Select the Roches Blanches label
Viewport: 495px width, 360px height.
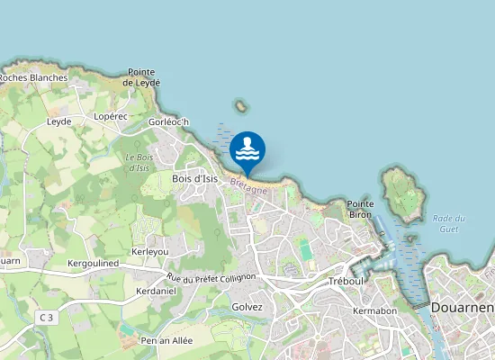[32, 77]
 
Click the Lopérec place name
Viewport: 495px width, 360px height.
[111, 117]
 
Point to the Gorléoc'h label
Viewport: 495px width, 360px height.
[168, 122]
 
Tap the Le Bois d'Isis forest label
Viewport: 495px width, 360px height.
[138, 163]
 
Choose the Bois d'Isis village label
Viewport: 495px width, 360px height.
[195, 178]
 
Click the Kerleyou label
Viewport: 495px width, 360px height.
[150, 251]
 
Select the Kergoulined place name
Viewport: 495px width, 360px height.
[93, 263]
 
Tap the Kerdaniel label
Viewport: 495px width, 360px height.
[155, 292]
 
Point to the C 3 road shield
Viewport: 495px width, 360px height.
[46, 317]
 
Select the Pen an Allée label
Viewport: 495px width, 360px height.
[167, 341]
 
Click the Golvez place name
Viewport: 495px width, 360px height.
[247, 307]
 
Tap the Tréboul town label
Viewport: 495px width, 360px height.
[346, 281]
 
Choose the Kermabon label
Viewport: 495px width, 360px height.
[375, 310]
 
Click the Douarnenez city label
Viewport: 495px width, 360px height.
[463, 307]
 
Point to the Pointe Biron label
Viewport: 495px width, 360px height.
[360, 210]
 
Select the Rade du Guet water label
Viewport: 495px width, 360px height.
[448, 224]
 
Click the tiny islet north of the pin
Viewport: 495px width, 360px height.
[240, 105]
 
